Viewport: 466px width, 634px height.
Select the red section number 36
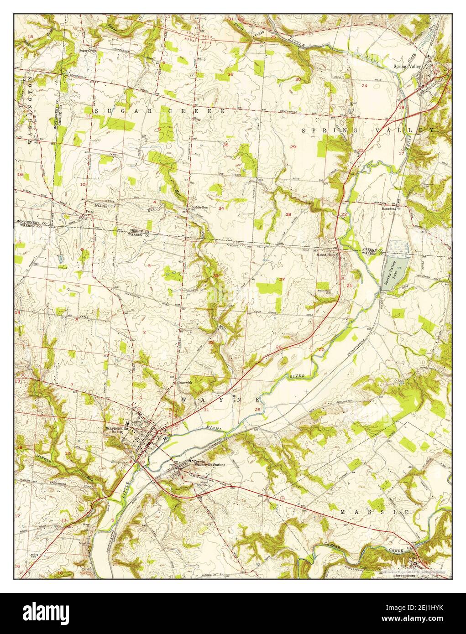pos(230,74)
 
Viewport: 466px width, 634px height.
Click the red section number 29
pos(293,146)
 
